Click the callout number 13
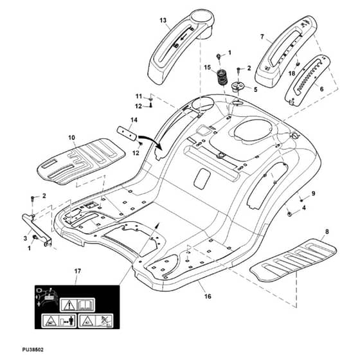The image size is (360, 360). point(163,21)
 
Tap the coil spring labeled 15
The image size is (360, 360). point(222,77)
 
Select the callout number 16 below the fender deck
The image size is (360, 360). point(208,296)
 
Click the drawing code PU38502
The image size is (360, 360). point(33,350)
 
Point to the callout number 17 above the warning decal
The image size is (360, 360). point(78,271)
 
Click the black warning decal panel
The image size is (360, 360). point(77,307)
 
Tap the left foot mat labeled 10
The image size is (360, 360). point(81,161)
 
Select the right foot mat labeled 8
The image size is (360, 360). point(293,260)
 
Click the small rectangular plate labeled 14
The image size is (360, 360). point(127,133)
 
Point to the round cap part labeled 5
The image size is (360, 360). point(238,86)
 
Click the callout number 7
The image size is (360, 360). point(262,37)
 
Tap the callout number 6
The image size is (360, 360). point(321,89)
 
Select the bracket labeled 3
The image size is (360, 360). point(37,230)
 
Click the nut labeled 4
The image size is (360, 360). point(290,214)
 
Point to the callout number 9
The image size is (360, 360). point(314,194)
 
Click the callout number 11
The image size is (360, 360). point(139,96)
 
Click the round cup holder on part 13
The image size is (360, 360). point(202,19)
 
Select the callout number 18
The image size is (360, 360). point(292,73)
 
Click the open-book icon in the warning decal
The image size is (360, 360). point(85,305)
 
